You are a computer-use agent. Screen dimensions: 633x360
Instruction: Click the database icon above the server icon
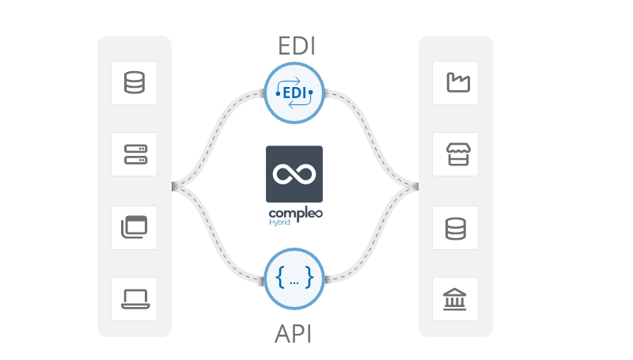pos(134,83)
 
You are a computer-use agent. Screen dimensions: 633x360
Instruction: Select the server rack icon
pos(135,154)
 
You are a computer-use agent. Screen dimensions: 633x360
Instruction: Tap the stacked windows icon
pos(134,227)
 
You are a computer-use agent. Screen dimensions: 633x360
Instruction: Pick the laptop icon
pos(135,299)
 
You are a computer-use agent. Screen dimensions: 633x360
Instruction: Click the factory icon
pos(458,83)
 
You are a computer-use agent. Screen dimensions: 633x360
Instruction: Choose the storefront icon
pos(458,154)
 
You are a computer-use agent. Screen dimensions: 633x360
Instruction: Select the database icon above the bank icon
pos(456,229)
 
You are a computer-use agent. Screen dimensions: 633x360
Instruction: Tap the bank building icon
pos(454,299)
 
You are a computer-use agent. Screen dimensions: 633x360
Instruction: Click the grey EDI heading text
pos(297,46)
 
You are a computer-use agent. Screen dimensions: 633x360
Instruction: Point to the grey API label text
pos(293,334)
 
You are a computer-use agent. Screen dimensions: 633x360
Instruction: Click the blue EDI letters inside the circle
pos(294,93)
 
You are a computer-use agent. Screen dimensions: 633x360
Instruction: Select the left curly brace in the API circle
pos(280,277)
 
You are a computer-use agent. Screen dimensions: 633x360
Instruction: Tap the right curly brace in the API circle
pos(309,277)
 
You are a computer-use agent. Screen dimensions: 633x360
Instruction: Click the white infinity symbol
pos(294,174)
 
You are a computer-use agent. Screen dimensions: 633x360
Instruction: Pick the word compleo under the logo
pos(295,214)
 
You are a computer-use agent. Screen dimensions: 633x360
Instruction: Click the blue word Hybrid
pos(279,222)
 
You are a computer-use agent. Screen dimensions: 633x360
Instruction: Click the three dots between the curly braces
pos(294,283)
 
